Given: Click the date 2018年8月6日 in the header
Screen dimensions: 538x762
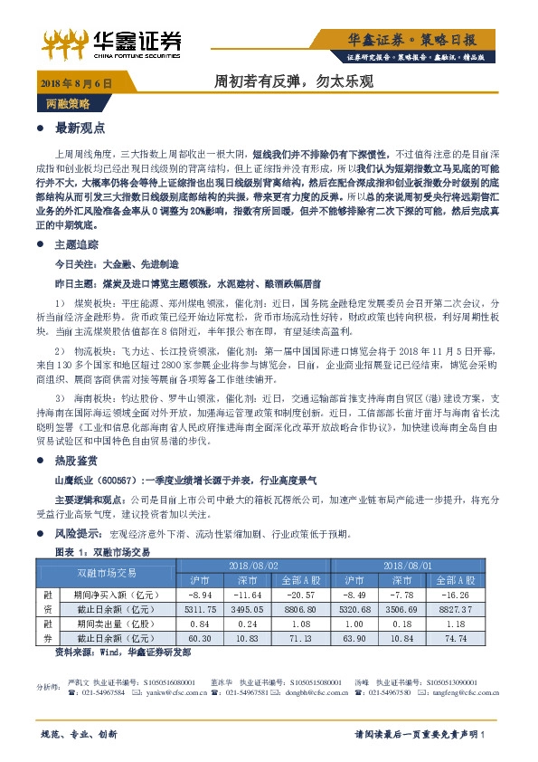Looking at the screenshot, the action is pos(77,84).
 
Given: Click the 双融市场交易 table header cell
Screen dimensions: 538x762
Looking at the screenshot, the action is pos(106,573).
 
